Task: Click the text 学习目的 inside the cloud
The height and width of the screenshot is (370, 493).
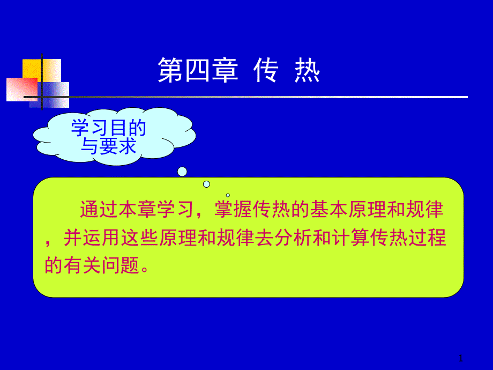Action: pos(109,128)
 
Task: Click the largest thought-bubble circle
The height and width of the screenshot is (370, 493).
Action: pos(182,172)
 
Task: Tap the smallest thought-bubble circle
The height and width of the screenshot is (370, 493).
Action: pos(228,195)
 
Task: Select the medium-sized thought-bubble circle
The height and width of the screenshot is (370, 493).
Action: pos(206,184)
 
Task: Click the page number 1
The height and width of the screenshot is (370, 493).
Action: pos(461,358)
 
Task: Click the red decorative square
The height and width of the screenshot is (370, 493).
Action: pos(20,89)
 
